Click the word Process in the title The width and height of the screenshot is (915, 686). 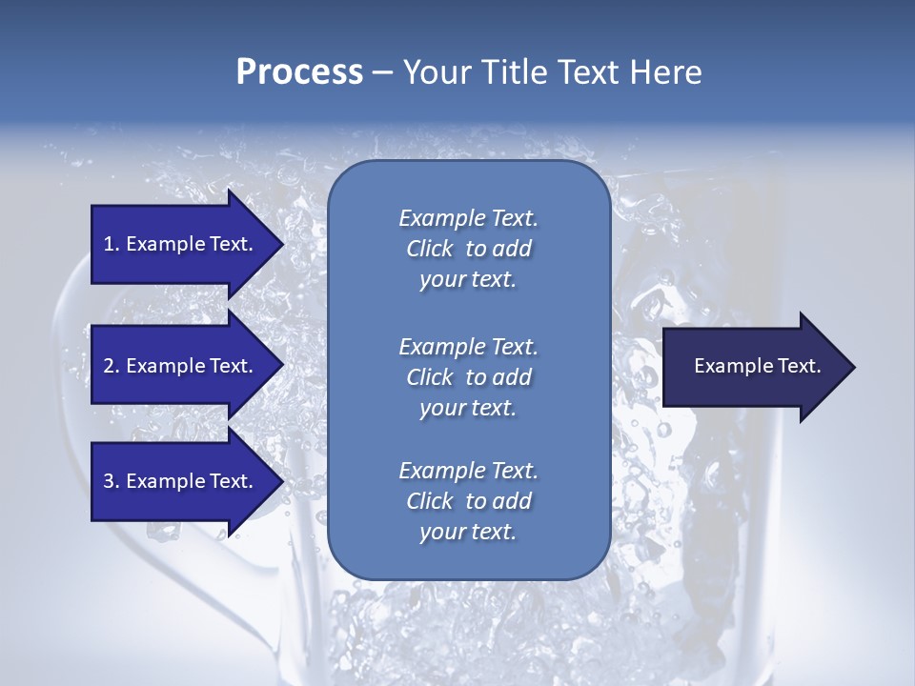point(299,72)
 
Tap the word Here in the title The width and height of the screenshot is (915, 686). point(666,72)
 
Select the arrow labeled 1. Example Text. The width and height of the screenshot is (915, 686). point(181,244)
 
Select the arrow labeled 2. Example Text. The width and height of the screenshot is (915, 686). point(181,366)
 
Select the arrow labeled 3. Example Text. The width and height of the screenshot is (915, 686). point(181,481)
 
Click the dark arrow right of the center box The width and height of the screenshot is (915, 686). point(753,367)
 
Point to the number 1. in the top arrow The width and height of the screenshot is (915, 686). point(112,244)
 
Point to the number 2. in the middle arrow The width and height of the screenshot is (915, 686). point(112,366)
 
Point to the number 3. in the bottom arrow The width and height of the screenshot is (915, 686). point(112,481)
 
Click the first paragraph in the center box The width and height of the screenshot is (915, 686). point(468,249)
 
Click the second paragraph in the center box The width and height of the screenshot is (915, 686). point(468,376)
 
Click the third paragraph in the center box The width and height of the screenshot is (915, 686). point(468,501)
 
